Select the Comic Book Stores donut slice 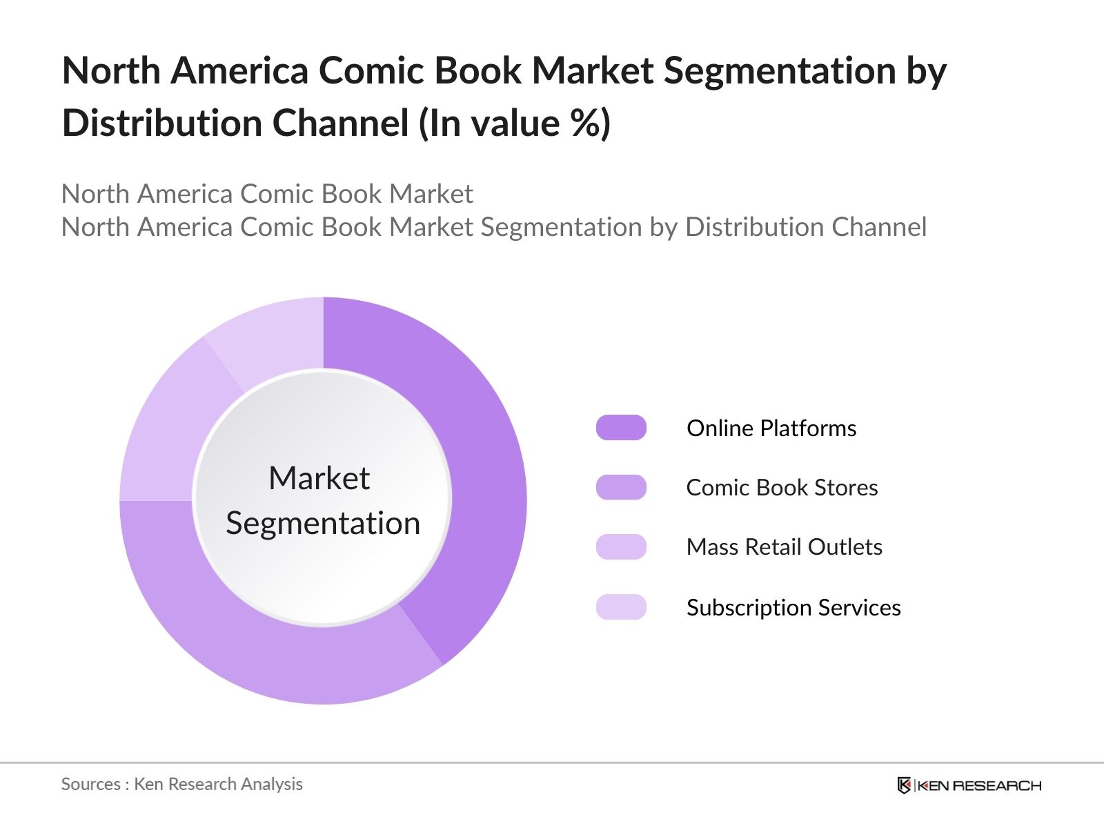point(262,649)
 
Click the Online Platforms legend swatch point(621,428)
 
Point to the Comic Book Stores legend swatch point(621,487)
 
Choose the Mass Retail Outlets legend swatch point(621,546)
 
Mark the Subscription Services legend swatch point(621,607)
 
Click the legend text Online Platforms point(771,428)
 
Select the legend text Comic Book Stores point(782,488)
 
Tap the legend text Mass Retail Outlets point(784,547)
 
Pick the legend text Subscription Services point(793,608)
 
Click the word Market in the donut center point(319,478)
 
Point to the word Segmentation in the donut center point(323,524)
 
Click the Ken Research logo point(969,785)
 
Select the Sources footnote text point(181,785)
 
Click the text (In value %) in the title point(515,124)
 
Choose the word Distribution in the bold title point(161,124)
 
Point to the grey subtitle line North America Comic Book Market point(267,194)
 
